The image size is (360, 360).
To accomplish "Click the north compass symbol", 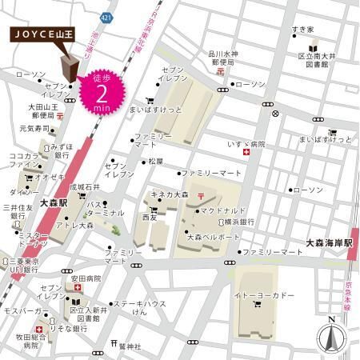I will click(329, 337).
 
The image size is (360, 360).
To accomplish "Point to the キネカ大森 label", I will click(170, 194).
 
